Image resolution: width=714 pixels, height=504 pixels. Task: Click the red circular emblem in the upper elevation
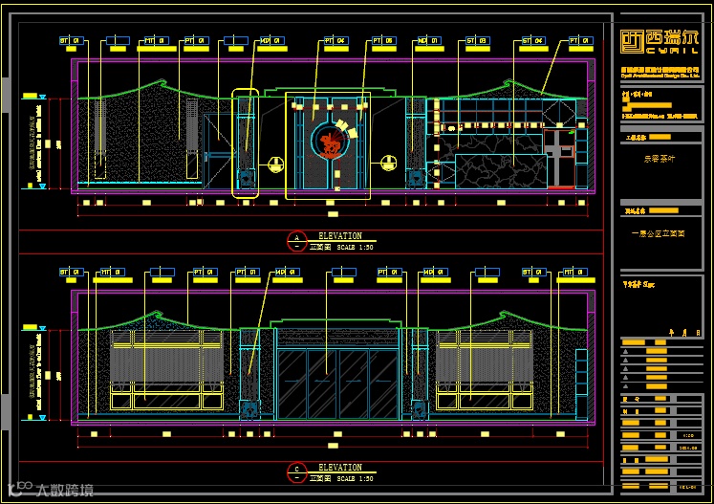pos(329,142)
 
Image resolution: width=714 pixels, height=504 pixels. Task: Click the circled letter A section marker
pos(296,238)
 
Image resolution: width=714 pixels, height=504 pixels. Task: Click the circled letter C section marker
pos(296,471)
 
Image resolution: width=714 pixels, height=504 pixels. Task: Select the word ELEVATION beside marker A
pos(339,235)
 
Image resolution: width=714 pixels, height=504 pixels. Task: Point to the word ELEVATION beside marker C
pos(339,468)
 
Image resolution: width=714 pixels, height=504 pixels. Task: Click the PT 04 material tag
pos(335,42)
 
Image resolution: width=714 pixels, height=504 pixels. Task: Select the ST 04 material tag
pos(533,42)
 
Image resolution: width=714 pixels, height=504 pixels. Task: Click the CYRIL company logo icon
pos(632,40)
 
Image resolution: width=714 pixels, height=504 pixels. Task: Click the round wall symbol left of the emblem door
pos(275,163)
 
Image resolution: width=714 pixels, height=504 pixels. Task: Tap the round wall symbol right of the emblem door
pos(389,163)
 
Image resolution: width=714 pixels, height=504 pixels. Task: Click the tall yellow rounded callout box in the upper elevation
pos(246,143)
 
